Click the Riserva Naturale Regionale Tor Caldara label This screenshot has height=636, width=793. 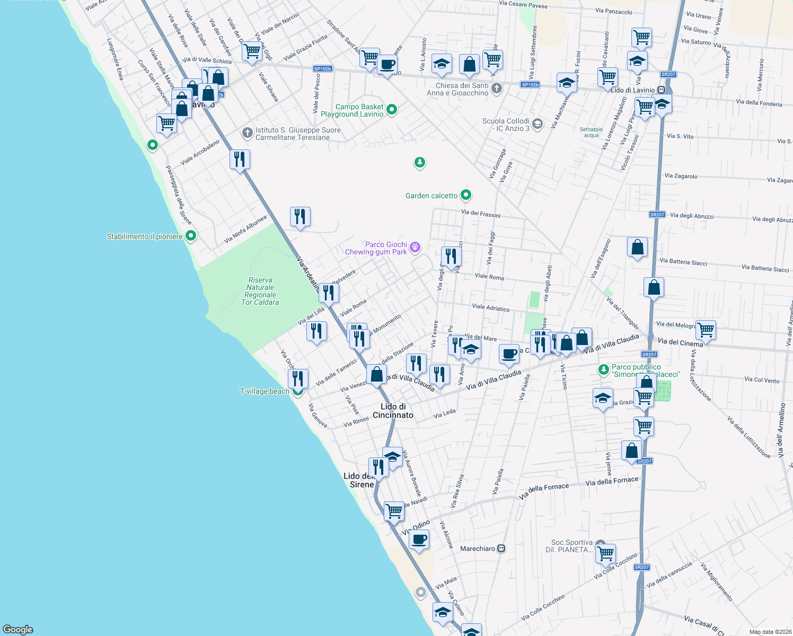[260, 291]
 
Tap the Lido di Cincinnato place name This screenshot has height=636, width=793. [393, 411]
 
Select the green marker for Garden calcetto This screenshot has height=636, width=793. [466, 196]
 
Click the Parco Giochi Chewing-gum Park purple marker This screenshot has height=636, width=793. [415, 247]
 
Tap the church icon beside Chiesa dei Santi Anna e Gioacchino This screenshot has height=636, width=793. [497, 89]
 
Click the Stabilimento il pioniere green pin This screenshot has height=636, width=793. [191, 236]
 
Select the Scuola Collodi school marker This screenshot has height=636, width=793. [538, 124]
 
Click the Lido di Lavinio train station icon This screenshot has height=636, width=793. [661, 90]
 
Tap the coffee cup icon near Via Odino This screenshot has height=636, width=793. [419, 540]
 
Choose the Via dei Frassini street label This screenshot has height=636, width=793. [480, 214]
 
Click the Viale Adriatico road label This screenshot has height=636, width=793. [490, 307]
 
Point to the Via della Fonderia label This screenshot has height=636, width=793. [759, 103]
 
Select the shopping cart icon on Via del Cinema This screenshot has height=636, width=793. [706, 330]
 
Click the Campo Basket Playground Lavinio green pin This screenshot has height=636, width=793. [392, 110]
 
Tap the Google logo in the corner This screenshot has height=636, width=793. [17, 629]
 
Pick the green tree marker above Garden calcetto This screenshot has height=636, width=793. [420, 162]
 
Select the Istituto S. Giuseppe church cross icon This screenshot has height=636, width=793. [247, 132]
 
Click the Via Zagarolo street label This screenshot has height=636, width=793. [681, 176]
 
